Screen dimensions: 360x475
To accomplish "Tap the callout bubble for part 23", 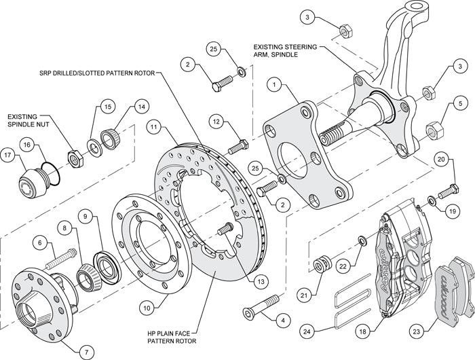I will pos(415,332).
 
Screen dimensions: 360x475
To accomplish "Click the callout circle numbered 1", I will pos(274,85).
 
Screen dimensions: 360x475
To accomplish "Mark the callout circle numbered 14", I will pos(141,107).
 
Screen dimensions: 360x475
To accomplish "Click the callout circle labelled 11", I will pos(155,127).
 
